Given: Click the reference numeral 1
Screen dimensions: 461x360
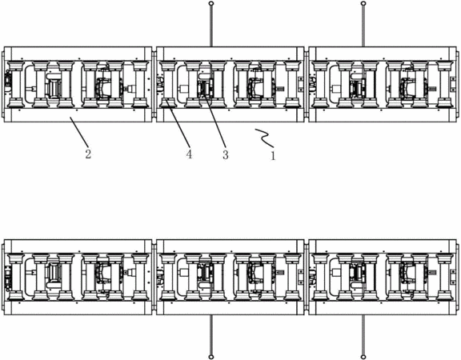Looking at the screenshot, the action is click(273, 155).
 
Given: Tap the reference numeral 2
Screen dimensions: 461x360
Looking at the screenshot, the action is click(88, 154).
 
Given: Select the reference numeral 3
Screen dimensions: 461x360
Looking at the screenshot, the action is click(226, 154).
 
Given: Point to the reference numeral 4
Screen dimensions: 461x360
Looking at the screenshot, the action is click(189, 154).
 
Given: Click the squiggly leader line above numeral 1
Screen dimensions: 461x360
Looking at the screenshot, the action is click(264, 138).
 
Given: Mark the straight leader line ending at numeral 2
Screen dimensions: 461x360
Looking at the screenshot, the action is click(78, 131).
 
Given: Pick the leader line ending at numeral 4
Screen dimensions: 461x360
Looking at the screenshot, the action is click(178, 123).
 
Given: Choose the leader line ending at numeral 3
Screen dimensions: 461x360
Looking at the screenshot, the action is click(215, 121).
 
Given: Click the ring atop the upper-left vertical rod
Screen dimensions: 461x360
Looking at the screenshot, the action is click(210, 3).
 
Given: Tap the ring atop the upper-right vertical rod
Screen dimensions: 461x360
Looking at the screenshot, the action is click(363, 3).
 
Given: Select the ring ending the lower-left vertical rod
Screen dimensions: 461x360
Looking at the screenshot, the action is click(210, 357).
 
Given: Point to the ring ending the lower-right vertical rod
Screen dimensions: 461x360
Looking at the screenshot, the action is click(363, 357).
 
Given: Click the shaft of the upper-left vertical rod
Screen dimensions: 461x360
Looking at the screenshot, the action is click(210, 26).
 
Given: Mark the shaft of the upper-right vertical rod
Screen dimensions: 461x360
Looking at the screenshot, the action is click(363, 26).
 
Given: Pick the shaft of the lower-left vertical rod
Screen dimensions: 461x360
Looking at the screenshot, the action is click(210, 334).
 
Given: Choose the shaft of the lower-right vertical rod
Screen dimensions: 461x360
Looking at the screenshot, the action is click(363, 334).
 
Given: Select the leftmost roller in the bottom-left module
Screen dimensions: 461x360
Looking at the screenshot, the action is click(16, 277).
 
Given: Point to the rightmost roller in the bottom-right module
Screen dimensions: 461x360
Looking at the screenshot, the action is click(444, 277).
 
